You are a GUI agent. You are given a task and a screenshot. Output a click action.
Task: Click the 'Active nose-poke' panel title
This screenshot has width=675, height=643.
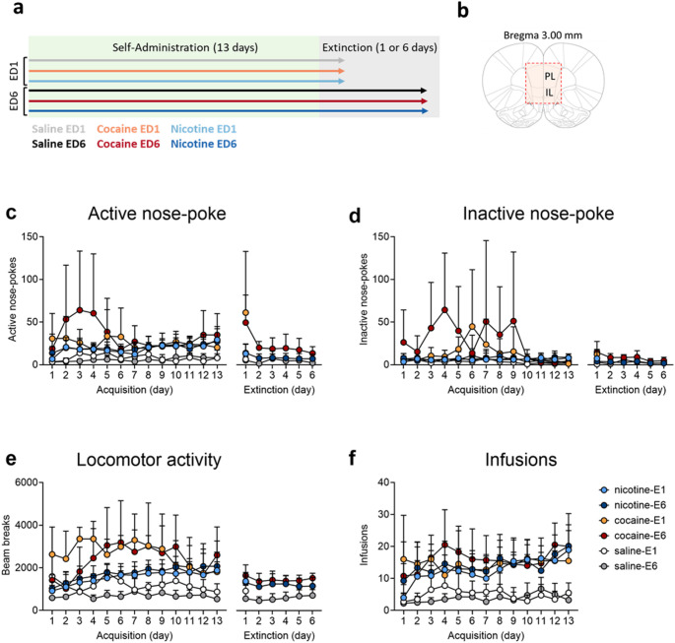pos(157,214)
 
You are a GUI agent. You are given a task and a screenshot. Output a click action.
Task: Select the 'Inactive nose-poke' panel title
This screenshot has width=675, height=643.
pos(538,214)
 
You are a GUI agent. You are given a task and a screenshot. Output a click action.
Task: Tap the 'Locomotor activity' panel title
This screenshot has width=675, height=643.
pos(149,460)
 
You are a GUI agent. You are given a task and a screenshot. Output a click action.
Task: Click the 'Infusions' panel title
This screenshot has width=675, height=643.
pos(521,460)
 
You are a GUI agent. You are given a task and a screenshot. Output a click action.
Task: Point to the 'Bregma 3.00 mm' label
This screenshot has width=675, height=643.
pos(543,35)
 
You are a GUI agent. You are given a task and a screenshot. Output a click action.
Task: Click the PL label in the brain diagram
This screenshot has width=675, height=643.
pos(550,77)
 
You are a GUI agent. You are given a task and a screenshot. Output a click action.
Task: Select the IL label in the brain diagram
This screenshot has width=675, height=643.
pos(549,93)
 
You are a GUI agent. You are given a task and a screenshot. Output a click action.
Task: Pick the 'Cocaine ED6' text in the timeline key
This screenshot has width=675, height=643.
pos(128,144)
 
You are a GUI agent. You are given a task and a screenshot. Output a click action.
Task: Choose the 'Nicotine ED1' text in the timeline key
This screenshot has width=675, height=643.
pos(204,129)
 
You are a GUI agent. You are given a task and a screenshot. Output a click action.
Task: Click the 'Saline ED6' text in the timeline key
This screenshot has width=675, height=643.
pos(58,144)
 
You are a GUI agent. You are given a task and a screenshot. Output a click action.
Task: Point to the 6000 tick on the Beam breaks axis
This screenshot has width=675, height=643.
pos(28,482)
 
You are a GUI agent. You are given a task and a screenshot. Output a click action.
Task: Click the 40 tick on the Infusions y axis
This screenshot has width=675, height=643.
pos(383,482)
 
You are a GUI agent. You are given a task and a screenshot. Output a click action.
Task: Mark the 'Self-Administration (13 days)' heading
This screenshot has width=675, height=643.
pos(185,47)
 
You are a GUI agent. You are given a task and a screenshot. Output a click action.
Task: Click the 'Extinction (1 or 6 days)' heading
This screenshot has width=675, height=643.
pos(379,47)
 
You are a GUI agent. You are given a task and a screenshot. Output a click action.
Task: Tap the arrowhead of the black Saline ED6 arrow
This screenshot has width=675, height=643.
pos(425,91)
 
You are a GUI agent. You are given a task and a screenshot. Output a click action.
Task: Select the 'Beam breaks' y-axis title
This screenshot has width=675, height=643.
pos(6,546)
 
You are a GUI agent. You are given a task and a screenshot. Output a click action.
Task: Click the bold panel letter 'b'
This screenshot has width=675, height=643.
pos(463,11)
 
